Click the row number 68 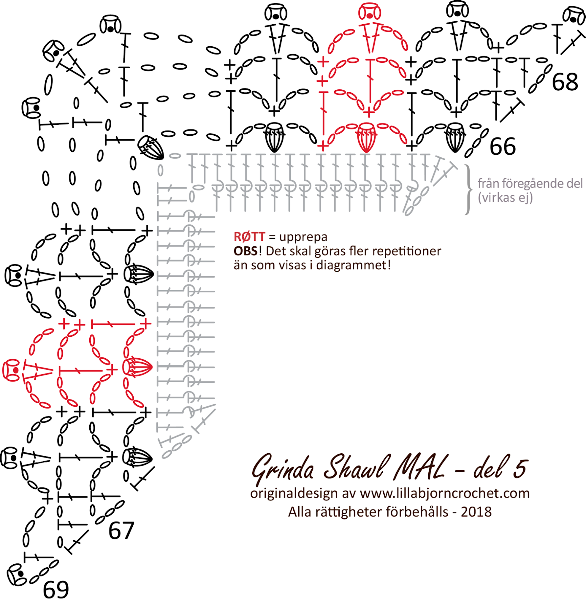(x=565, y=82)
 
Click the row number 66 (x=503, y=146)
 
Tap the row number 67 (x=121, y=531)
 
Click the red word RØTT (x=249, y=237)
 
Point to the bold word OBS (x=246, y=251)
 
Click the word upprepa (x=303, y=237)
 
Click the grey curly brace (x=468, y=189)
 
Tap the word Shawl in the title (x=357, y=467)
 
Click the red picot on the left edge (x=12, y=370)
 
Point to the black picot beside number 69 (x=17, y=574)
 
